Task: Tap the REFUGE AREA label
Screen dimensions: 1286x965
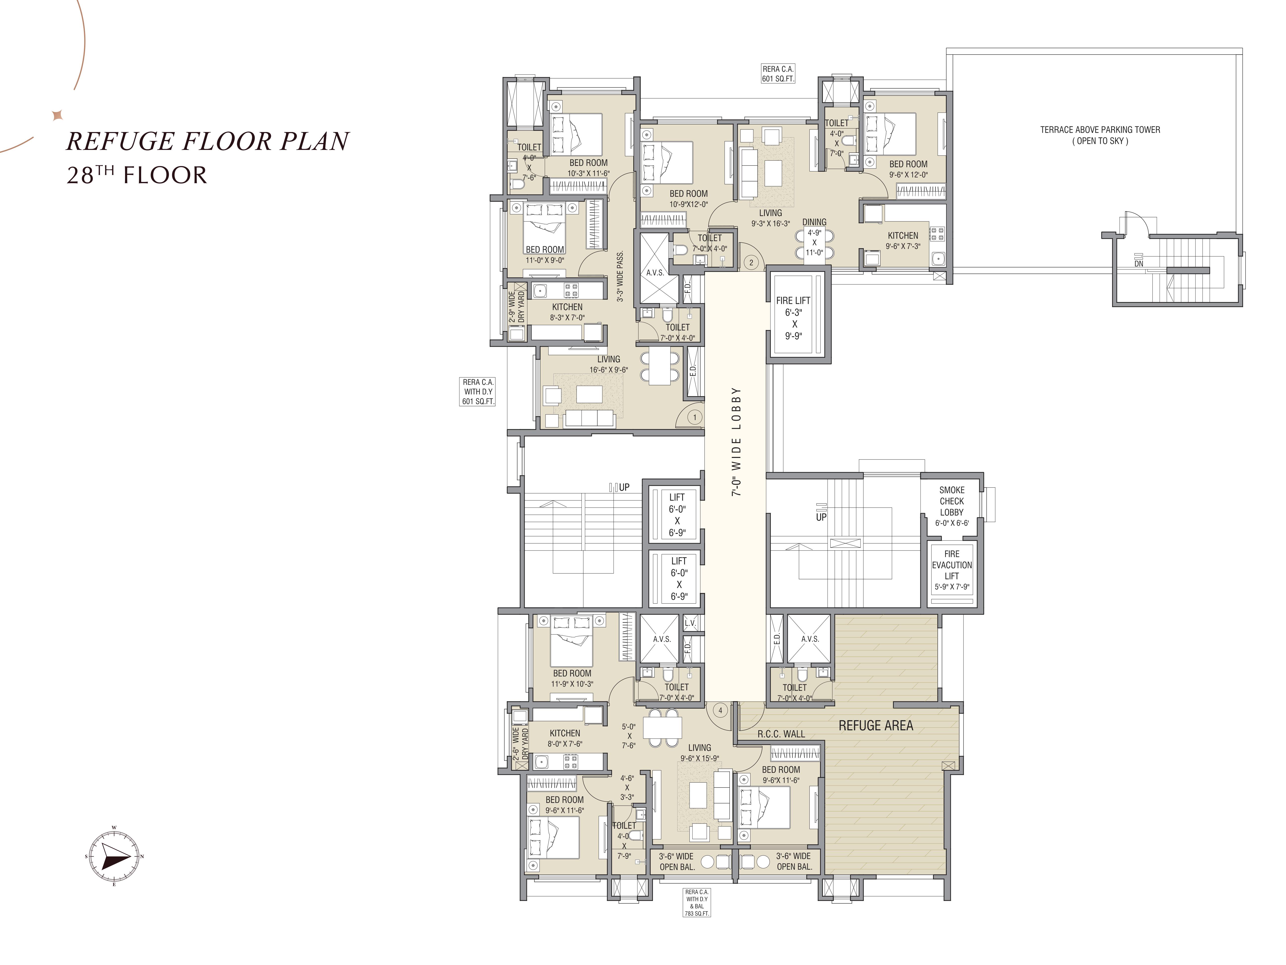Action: coord(875,725)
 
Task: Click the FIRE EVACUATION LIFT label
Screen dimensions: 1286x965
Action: coord(952,570)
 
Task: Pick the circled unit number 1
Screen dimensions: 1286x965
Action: coord(695,417)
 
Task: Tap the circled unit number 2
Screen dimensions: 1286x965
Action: coord(751,262)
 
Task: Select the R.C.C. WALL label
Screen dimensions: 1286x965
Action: coord(781,734)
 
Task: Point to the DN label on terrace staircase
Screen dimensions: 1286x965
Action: coord(1138,264)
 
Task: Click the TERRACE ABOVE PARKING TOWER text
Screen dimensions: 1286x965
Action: coord(1100,130)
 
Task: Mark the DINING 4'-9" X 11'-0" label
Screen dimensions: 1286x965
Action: coord(814,237)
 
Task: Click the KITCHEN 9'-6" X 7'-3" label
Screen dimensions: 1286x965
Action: coord(903,240)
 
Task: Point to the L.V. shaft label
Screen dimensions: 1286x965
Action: coord(690,623)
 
